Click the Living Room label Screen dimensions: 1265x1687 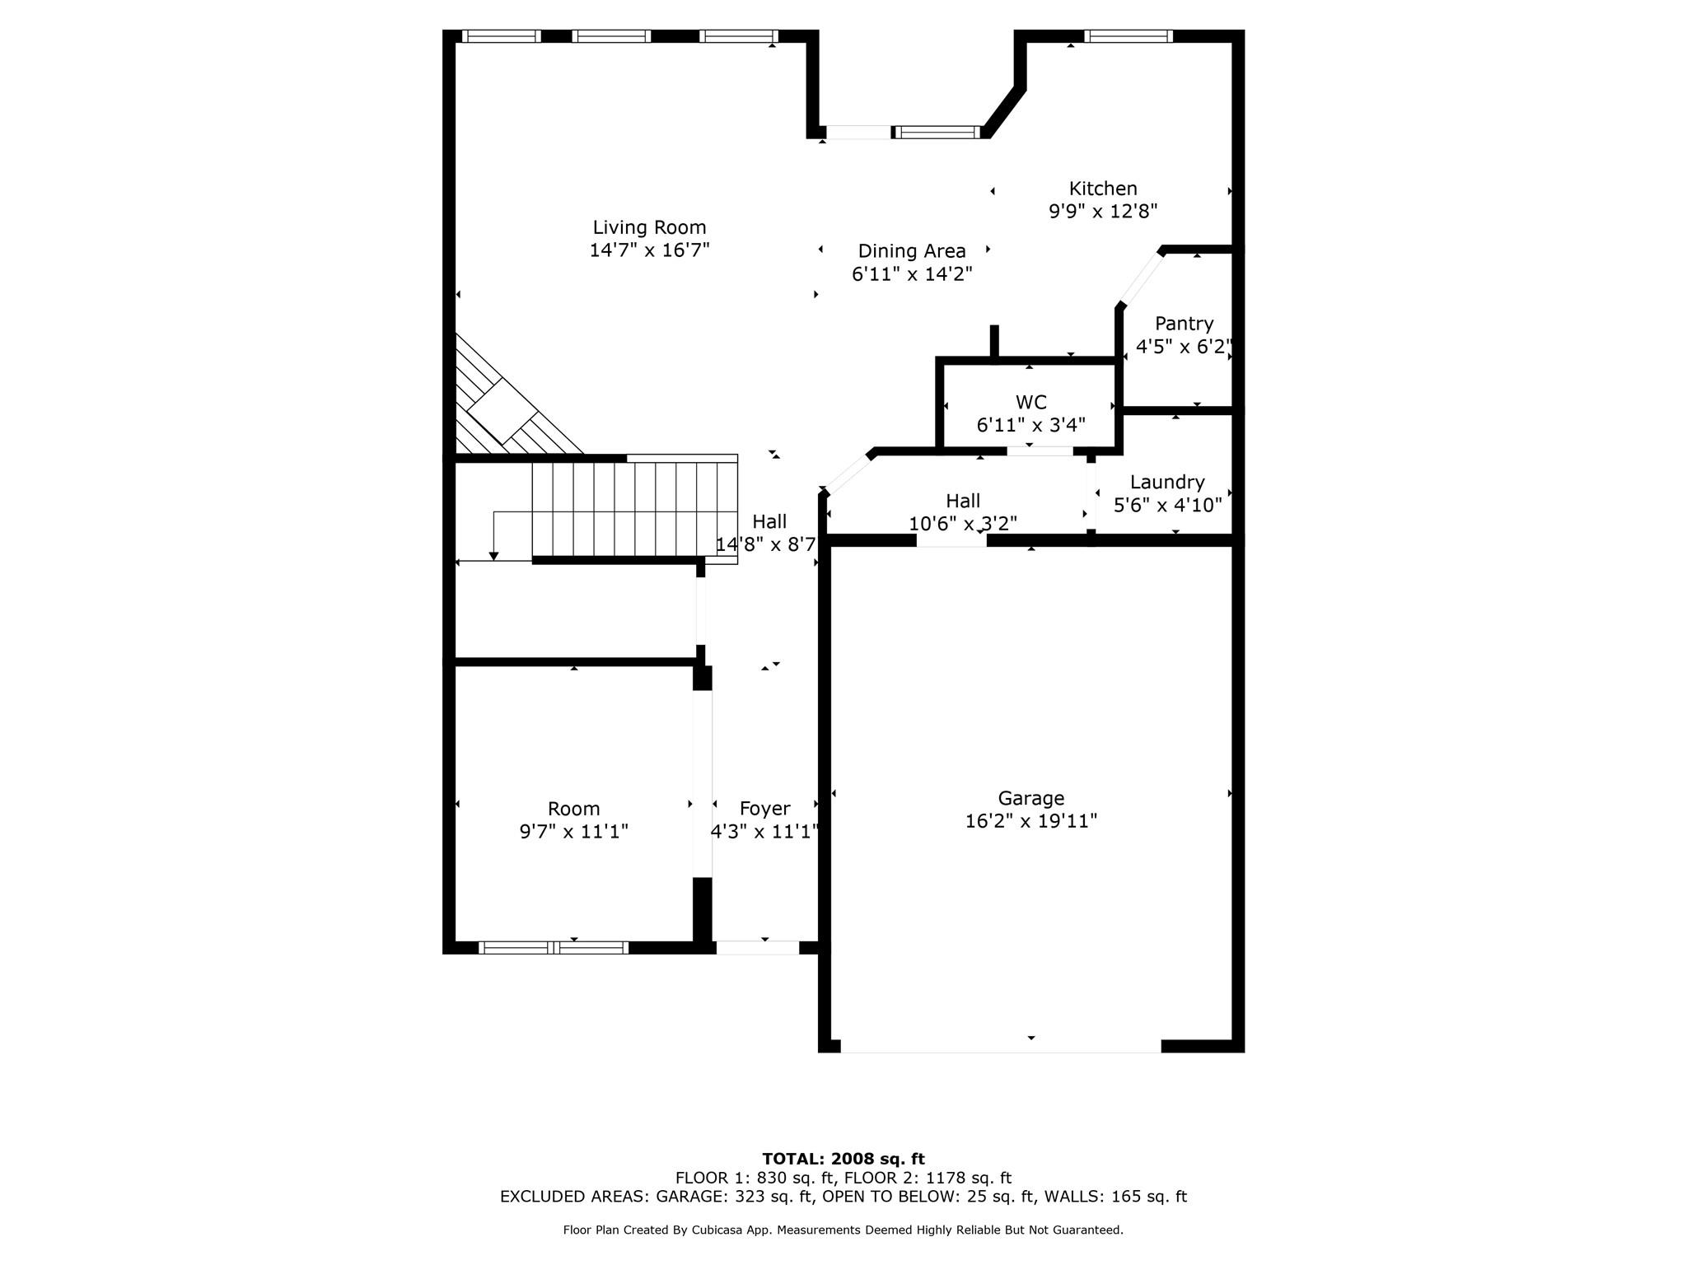point(649,227)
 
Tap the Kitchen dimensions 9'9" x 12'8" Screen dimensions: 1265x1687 point(1102,212)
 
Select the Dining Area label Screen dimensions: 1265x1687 point(911,251)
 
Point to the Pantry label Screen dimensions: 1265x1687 point(1184,324)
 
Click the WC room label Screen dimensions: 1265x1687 point(1030,403)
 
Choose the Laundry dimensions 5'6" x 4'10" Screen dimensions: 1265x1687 point(1167,505)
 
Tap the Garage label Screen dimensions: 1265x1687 point(1030,798)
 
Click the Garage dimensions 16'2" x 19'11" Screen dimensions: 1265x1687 point(1030,821)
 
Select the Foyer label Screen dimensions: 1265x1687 point(764,809)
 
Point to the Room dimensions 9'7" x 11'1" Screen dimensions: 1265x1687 point(573,832)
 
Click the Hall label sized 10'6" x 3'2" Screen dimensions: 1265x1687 point(962,501)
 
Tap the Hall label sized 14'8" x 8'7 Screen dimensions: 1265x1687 point(769,521)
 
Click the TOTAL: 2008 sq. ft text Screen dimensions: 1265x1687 point(843,1159)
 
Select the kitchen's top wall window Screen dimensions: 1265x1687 point(1128,36)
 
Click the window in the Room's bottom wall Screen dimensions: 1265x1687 point(554,948)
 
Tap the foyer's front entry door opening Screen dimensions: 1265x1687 point(757,948)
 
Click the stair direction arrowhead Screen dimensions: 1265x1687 point(493,557)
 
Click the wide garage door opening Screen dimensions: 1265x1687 point(1000,1046)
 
